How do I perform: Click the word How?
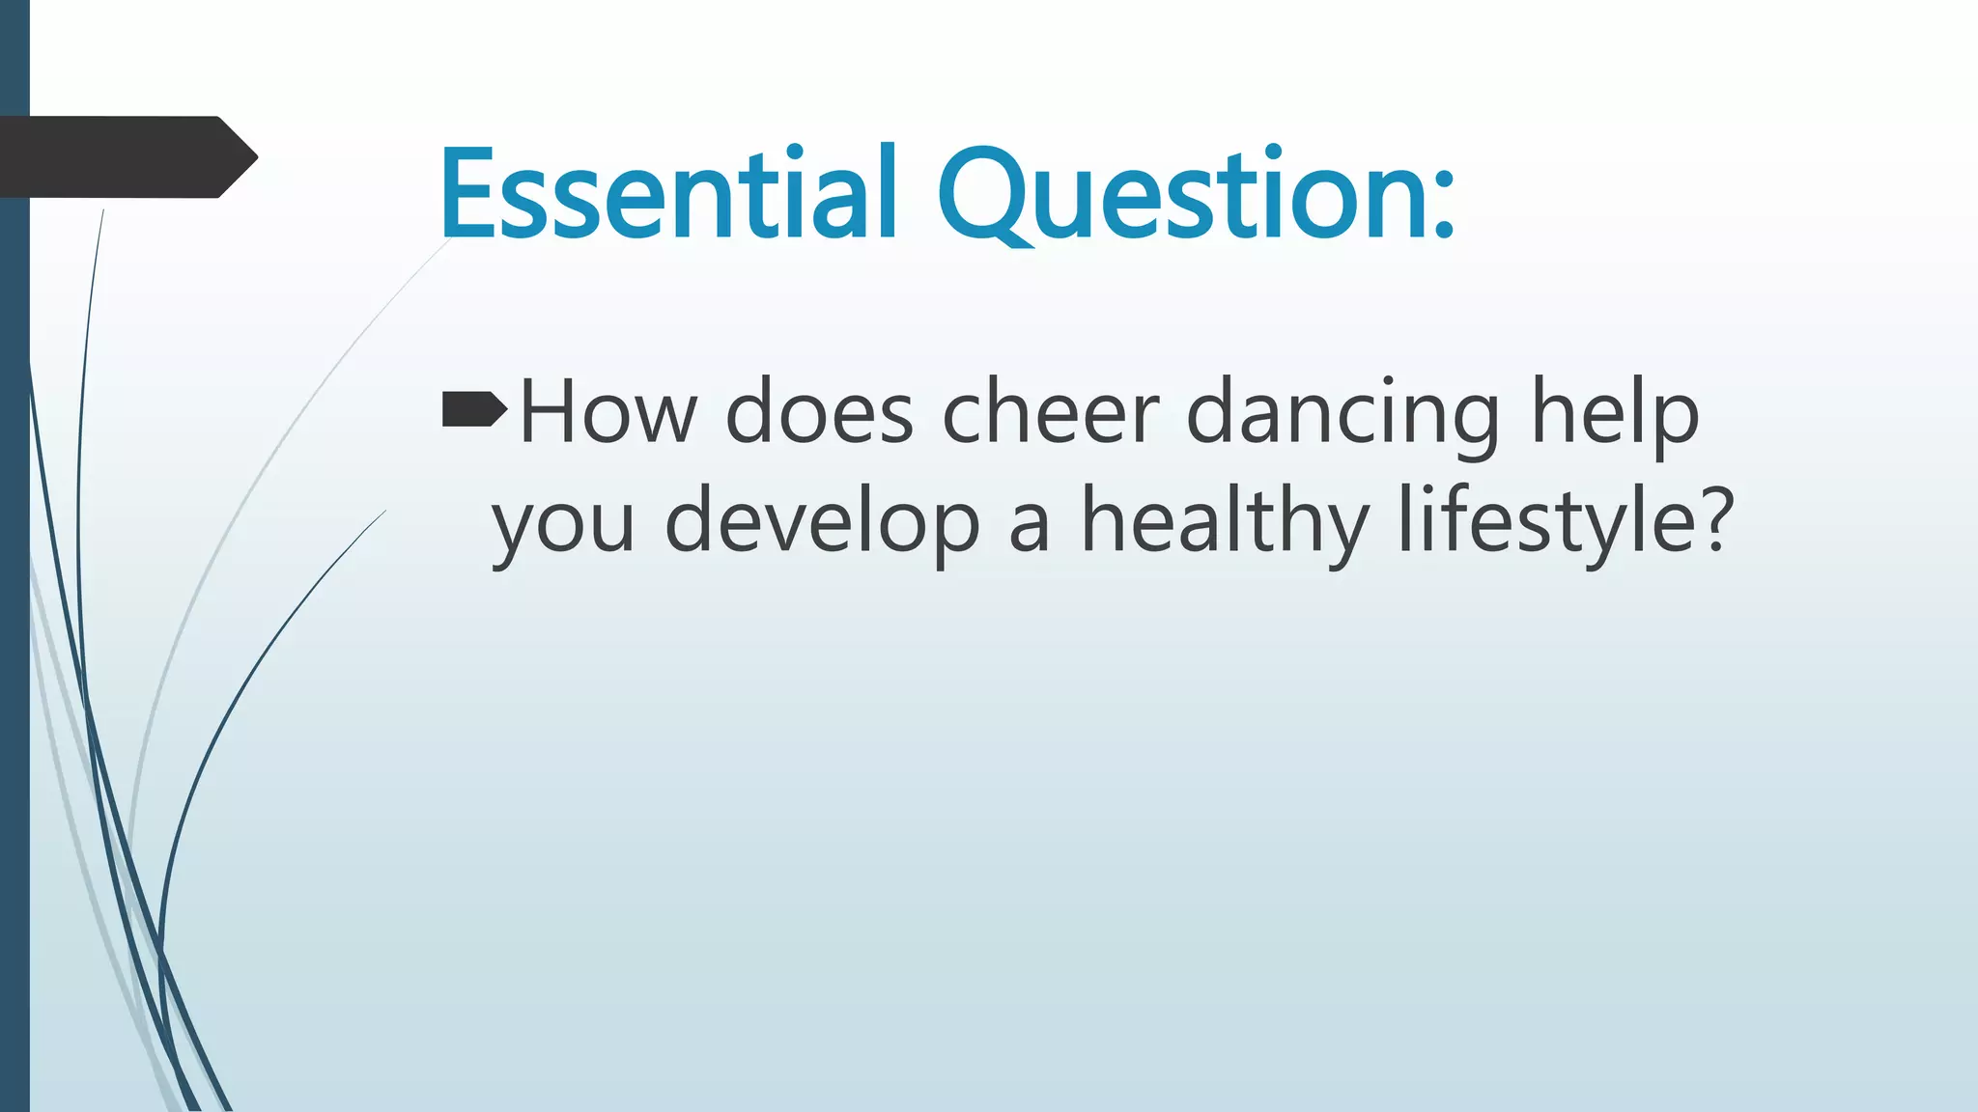[x=608, y=413]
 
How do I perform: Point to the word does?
[x=819, y=413]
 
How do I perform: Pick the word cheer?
[x=1050, y=413]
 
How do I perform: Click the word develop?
[x=822, y=523]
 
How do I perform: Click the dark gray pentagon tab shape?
[x=116, y=157]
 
